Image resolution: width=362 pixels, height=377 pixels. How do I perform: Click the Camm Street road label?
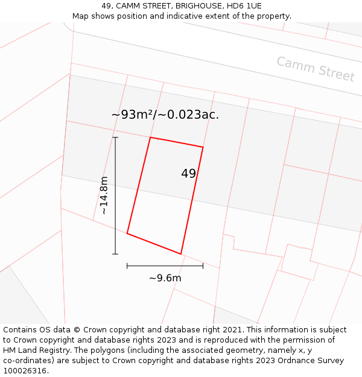click(x=316, y=69)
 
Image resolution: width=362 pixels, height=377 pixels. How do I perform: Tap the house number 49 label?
click(x=188, y=174)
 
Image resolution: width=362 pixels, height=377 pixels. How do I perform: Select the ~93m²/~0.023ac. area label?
click(x=165, y=115)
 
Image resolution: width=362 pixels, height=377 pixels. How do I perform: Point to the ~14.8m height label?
click(x=104, y=195)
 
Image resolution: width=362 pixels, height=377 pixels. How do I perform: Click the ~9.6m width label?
click(x=165, y=278)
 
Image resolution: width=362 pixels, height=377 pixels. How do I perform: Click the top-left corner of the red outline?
click(x=150, y=138)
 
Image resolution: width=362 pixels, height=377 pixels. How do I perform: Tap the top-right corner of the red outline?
click(x=203, y=147)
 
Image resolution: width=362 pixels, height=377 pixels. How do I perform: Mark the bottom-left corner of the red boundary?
click(x=127, y=233)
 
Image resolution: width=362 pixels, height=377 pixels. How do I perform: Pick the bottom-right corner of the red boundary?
click(x=181, y=254)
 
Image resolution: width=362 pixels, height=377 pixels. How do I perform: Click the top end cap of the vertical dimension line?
click(x=115, y=138)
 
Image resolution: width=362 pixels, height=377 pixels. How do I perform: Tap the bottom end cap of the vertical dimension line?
click(x=115, y=254)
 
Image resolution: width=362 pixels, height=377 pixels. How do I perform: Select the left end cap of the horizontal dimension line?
click(x=127, y=265)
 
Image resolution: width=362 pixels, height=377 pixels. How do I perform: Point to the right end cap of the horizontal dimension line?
click(x=203, y=265)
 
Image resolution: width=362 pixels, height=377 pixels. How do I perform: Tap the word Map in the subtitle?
click(x=80, y=16)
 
